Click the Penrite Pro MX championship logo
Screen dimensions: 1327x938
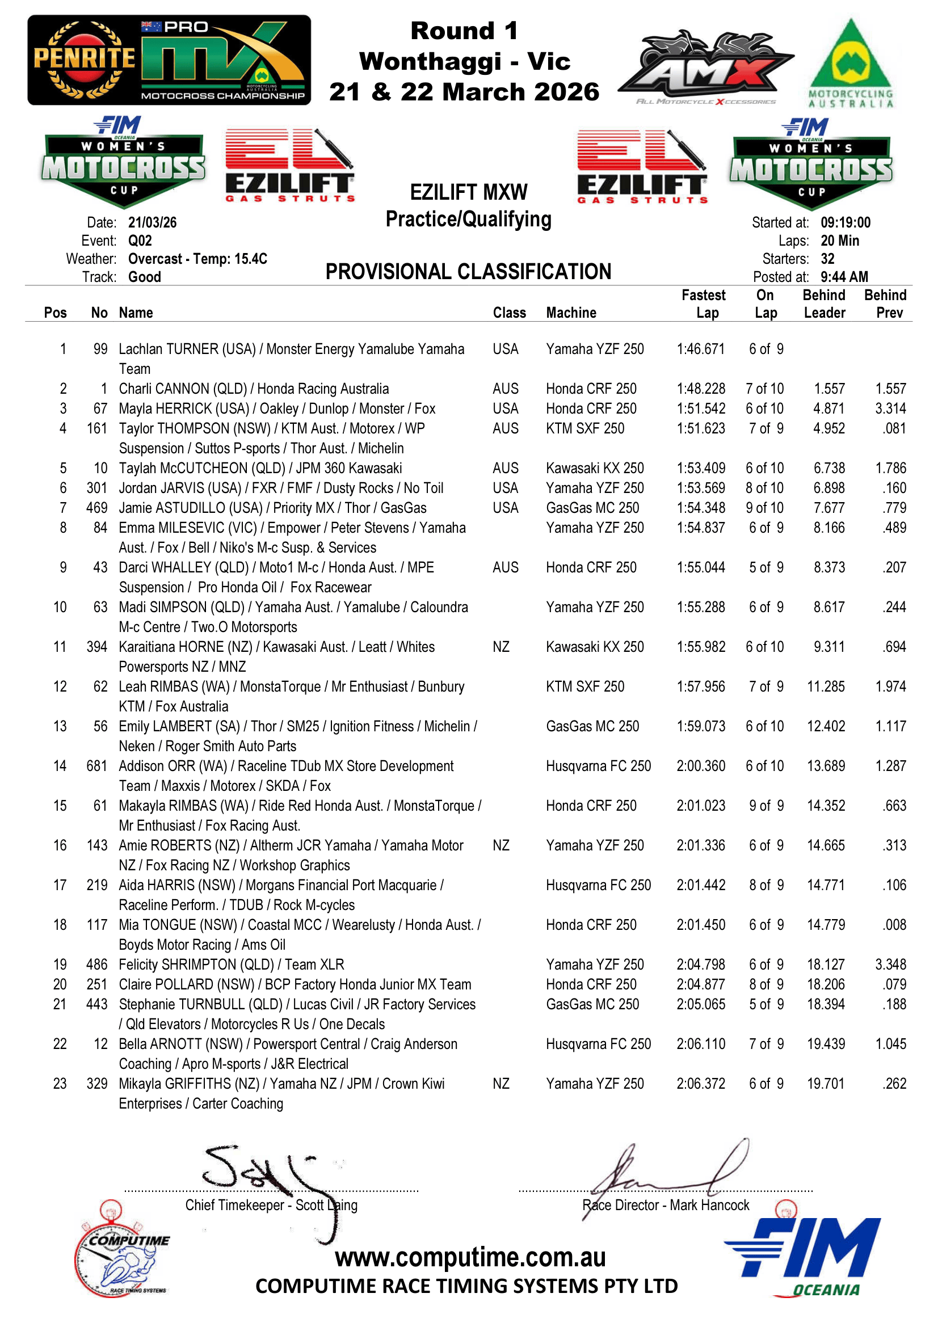[169, 60]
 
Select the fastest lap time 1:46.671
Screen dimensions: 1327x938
[700, 349]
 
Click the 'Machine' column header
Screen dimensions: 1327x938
[571, 313]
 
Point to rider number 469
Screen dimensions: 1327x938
[96, 508]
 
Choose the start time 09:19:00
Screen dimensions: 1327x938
[845, 222]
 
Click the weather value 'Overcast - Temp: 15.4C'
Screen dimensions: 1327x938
[197, 259]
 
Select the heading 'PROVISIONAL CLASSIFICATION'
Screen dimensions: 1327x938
[468, 272]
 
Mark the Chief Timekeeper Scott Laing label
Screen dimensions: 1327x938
[271, 1205]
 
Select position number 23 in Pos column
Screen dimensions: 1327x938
[60, 1084]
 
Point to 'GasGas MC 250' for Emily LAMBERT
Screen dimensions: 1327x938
[592, 727]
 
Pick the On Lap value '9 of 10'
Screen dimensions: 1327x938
[764, 508]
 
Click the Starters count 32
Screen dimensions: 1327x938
[827, 259]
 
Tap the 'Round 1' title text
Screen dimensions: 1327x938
[464, 31]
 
